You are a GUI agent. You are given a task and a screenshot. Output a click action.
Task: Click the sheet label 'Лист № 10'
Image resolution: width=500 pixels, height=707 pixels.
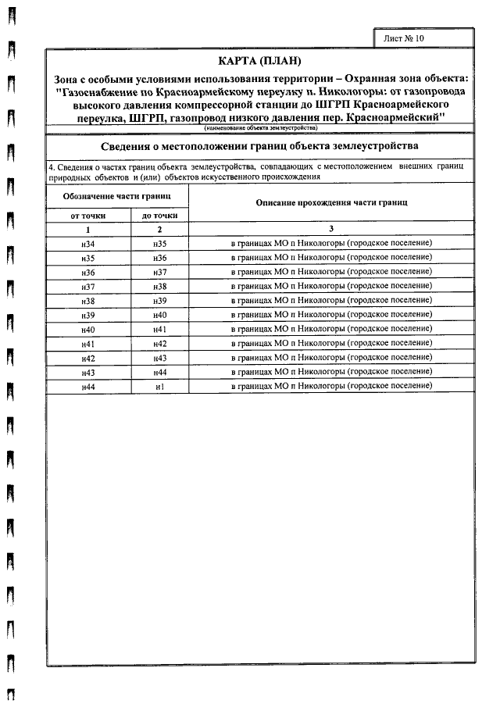tap(405, 37)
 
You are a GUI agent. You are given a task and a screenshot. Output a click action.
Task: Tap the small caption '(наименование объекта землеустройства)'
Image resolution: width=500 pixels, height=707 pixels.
tap(260, 127)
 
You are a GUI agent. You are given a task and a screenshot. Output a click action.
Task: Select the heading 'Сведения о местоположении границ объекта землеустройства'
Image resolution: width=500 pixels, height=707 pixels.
tap(260, 146)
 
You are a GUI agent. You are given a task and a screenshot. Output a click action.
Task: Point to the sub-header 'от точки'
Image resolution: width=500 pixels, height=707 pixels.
tap(87, 216)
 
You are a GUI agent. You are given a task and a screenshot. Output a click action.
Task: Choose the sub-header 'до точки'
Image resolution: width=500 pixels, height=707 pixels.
tap(159, 216)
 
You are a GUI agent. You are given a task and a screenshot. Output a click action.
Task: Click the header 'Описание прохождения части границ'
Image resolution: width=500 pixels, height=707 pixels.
tap(331, 202)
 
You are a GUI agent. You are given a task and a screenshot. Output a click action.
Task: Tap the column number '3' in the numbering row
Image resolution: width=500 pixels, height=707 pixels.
tap(331, 229)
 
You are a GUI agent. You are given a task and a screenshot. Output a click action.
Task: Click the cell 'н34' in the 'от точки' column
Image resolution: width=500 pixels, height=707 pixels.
tap(87, 244)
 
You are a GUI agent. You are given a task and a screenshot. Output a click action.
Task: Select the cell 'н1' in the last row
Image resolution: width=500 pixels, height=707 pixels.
tap(159, 387)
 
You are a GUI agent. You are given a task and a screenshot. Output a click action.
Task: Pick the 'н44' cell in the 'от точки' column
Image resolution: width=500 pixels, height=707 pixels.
tap(87, 387)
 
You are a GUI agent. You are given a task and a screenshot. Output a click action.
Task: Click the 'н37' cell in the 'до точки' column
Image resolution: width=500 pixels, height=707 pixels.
tap(159, 272)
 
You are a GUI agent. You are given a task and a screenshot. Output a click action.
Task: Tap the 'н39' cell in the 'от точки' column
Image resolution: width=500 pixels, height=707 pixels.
tap(87, 315)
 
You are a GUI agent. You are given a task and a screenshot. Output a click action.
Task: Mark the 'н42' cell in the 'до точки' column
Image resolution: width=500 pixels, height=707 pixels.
tap(159, 344)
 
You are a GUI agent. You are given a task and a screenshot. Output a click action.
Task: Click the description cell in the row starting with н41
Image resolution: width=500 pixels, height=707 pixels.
tap(331, 344)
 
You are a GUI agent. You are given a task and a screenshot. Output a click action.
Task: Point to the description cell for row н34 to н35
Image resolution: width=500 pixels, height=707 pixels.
tap(331, 244)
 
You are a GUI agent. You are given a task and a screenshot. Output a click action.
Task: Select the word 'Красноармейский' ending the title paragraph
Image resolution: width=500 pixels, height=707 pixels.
tap(394, 117)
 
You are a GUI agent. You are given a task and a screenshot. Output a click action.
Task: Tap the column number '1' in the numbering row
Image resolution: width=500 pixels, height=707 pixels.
tap(87, 229)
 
